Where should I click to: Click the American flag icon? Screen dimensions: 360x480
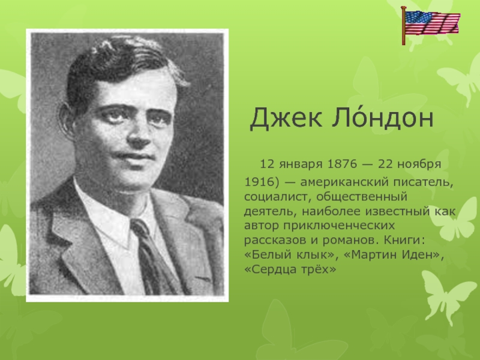pyautogui.click(x=430, y=24)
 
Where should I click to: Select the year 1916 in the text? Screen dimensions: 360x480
pyautogui.click(x=258, y=181)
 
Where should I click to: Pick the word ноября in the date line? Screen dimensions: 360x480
pyautogui.click(x=423, y=164)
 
